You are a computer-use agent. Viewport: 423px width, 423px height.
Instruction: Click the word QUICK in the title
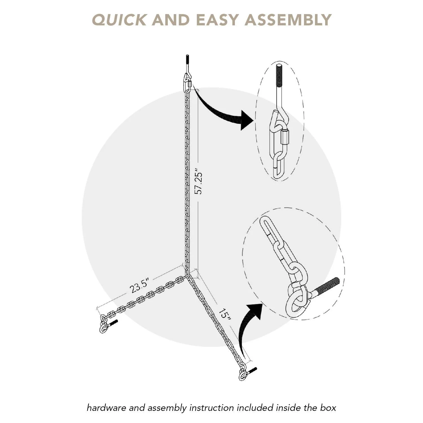click(x=119, y=20)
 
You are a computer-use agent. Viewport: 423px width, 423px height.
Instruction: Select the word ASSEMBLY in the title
click(x=288, y=20)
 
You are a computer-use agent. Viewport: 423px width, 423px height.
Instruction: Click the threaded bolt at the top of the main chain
click(x=187, y=61)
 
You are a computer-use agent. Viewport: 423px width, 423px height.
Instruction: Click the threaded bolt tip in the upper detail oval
click(x=279, y=74)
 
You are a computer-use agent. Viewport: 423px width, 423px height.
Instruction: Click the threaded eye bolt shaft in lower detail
click(x=327, y=286)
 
